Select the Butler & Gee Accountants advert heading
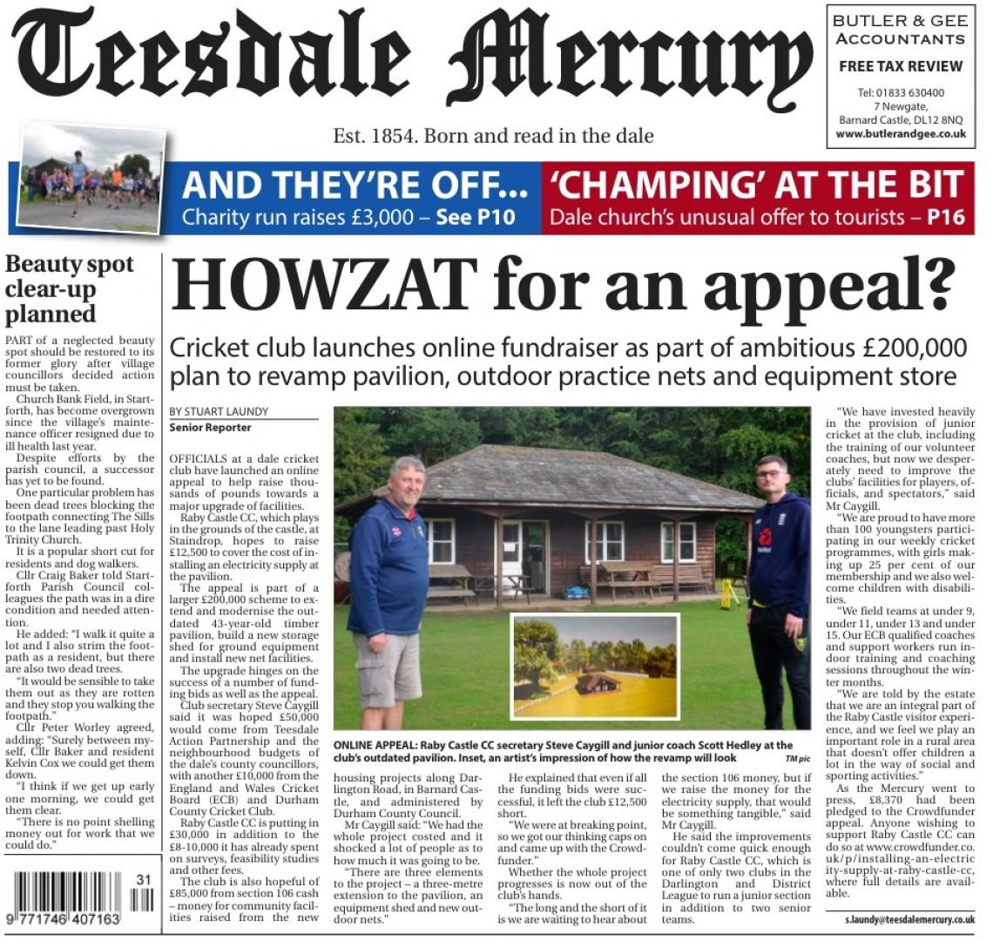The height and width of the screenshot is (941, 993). (x=900, y=30)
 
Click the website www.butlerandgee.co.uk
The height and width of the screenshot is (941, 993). (x=900, y=134)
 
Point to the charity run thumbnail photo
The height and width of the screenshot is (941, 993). (x=91, y=179)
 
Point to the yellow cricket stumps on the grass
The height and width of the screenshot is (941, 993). (x=729, y=593)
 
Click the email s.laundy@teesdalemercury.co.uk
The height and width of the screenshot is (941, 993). (x=909, y=919)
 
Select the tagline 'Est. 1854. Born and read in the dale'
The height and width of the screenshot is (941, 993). (x=493, y=136)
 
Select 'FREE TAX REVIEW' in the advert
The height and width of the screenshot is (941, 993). (x=900, y=66)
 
